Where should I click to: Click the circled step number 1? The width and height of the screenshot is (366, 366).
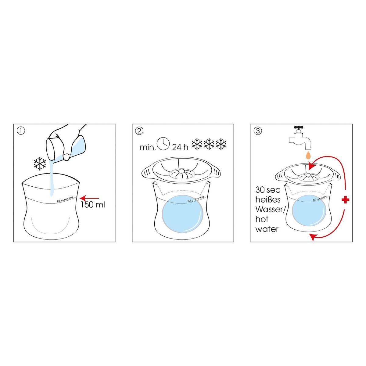click(21, 131)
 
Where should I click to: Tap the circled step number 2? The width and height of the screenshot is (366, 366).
click(139, 131)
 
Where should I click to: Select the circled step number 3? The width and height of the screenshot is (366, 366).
click(258, 131)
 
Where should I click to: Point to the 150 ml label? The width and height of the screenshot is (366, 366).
click(93, 205)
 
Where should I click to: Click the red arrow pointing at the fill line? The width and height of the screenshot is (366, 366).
click(90, 198)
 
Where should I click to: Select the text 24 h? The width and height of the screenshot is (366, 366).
click(180, 147)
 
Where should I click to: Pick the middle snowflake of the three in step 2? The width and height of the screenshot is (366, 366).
click(209, 144)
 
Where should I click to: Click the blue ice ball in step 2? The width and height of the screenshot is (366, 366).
click(182, 214)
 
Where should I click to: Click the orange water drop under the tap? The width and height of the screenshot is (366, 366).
click(308, 155)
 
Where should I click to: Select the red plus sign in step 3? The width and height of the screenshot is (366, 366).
click(346, 200)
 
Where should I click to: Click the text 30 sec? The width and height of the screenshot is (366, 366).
click(268, 190)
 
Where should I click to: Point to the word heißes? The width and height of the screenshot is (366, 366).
click(268, 199)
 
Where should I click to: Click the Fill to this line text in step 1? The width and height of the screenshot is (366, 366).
click(65, 199)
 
